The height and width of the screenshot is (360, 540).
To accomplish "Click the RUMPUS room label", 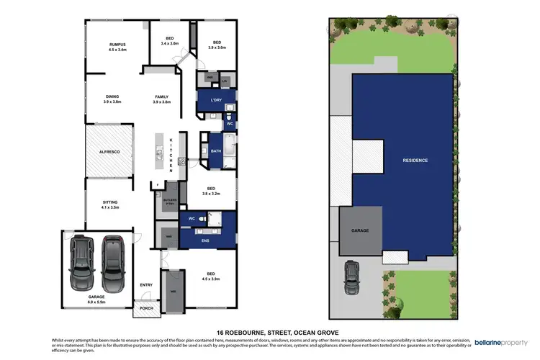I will (118, 43).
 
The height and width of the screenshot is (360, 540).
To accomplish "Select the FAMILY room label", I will (161, 96).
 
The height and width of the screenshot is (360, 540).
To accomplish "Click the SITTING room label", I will (110, 203).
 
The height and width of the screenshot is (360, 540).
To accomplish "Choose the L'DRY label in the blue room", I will (216, 100).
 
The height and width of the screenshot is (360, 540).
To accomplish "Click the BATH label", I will (216, 151).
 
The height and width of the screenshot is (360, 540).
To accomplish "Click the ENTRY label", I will (146, 284).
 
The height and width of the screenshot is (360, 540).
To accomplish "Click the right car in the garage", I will (112, 261).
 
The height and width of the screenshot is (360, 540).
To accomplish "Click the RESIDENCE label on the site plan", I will (415, 160).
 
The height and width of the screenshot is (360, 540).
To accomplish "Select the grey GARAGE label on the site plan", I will (359, 230).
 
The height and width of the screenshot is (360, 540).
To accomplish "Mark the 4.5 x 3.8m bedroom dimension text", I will (211, 279).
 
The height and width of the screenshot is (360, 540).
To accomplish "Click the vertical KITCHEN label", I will (171, 154).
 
